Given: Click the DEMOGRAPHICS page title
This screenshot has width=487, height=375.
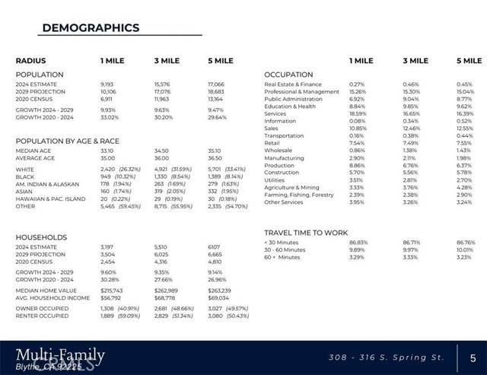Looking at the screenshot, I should point(91,28).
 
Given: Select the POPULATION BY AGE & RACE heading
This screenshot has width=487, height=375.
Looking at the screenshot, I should point(68,141).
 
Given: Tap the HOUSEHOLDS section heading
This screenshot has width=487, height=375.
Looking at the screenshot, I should point(42,237).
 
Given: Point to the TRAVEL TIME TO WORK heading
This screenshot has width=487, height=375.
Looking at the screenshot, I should point(306,232).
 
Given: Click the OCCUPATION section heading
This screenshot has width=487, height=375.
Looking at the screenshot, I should point(288,75).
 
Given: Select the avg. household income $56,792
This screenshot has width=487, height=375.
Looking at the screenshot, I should point(112,297).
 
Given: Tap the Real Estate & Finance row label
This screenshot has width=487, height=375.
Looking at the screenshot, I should point(293,84).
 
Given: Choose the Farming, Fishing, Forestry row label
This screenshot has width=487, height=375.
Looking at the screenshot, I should point(298,195).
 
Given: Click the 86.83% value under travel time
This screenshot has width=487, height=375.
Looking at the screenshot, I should point(358,243).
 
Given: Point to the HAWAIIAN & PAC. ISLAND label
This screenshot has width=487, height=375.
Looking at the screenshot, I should point(51,199).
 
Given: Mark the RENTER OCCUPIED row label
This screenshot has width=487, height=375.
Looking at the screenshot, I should point(41,316).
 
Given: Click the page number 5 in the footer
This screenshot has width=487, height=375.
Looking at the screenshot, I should point(473,357).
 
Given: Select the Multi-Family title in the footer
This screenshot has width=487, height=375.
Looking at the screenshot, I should point(60,354).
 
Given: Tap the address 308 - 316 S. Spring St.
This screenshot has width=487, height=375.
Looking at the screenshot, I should point(386,357).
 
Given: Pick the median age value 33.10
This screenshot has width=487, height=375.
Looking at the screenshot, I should point(107,151).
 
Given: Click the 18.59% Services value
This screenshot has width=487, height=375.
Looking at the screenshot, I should point(358,113).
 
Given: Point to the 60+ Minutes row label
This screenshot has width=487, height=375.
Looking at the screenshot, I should point(282,257).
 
